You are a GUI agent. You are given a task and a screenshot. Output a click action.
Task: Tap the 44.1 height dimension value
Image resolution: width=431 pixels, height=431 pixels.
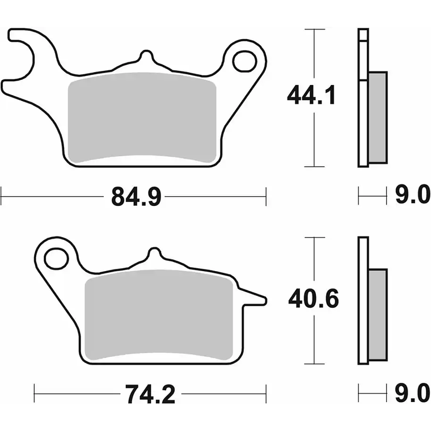tap(311, 95)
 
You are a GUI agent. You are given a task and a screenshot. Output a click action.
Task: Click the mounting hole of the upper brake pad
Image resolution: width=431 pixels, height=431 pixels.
tap(244, 61)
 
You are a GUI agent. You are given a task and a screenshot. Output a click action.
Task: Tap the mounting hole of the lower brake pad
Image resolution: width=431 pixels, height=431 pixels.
tap(56, 259)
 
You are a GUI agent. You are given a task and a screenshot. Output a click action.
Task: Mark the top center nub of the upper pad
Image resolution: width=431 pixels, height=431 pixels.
tap(146, 57)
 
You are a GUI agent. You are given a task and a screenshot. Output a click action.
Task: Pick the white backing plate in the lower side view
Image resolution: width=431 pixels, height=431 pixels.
tap(363, 301)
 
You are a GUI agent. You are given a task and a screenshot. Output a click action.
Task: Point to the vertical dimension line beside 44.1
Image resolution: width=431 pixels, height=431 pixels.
tap(314, 136)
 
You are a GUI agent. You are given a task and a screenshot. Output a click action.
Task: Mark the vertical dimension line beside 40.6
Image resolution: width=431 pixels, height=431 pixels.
tap(314, 335)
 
